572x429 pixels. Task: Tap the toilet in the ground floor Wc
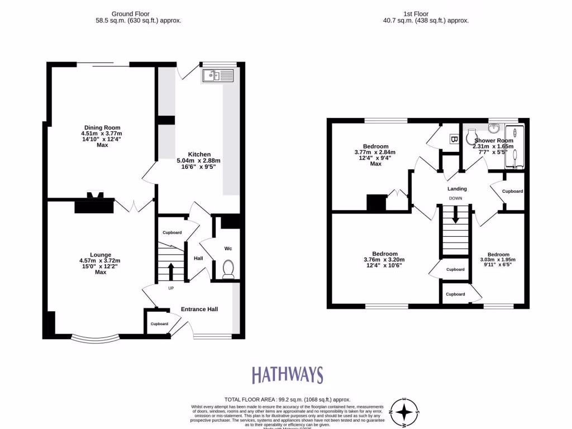pos(228,270)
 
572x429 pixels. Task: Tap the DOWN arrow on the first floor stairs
pos(456,214)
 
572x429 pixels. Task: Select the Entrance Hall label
pos(199,309)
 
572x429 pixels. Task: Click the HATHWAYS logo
pos(287,375)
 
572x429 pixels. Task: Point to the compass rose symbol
pos(405,414)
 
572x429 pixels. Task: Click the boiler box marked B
pos(454,139)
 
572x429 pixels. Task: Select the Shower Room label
pos(494,140)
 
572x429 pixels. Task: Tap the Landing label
pos(457,189)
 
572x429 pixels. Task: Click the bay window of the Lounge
pos(96,339)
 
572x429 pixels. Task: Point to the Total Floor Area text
pos(287,399)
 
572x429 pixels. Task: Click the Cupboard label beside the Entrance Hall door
pos(159,323)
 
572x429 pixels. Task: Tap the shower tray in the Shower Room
pos(514,146)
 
